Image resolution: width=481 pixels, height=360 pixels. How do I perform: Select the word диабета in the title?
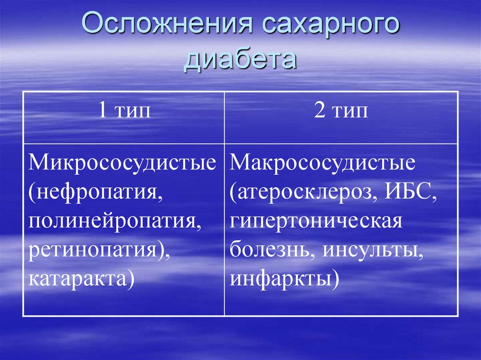point(240,60)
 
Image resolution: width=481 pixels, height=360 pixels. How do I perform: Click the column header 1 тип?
point(124,113)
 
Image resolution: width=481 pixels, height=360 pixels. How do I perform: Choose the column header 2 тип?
point(341,113)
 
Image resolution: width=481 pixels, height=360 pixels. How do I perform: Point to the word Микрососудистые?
point(123,163)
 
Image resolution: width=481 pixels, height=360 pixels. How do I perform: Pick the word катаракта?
point(77,278)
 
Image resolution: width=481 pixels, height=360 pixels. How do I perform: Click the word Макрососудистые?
point(323,163)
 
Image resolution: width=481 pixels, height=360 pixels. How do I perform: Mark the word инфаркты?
point(280,278)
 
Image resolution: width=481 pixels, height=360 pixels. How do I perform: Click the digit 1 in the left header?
point(102,113)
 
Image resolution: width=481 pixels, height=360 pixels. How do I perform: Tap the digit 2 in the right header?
point(319,113)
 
